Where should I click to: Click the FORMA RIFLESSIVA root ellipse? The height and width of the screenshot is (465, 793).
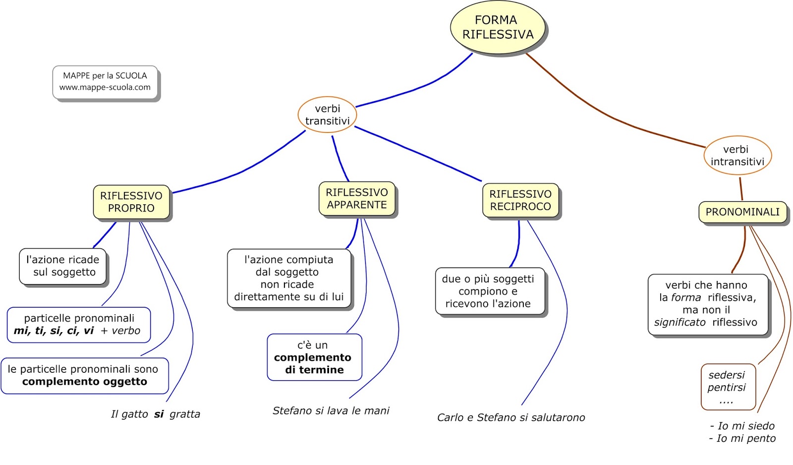coord(497,27)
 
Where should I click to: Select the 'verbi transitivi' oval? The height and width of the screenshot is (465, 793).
coord(327,115)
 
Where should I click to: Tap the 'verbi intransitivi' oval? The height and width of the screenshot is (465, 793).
coord(737,155)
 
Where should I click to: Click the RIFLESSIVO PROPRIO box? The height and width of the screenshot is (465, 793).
coord(131,202)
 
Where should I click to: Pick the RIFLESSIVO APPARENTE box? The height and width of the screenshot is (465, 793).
coord(357,198)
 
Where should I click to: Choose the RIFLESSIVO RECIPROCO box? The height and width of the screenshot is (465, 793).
coord(520,200)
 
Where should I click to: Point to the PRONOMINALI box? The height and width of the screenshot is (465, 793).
coord(742,212)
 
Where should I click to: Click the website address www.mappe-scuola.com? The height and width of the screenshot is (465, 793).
coord(105,87)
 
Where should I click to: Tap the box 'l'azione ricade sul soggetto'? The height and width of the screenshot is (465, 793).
coord(63,266)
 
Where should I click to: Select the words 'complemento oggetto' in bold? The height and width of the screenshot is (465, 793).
coord(85,382)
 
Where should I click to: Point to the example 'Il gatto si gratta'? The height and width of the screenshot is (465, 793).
coord(156,414)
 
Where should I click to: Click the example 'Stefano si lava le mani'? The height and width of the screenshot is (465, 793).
coord(331,410)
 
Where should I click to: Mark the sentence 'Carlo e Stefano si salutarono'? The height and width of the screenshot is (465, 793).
coord(510,417)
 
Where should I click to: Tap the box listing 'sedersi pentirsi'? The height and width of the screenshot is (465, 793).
coord(727,387)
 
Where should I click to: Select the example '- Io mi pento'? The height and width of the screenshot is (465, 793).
coord(742,438)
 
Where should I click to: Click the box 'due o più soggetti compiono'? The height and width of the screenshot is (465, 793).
coord(489,291)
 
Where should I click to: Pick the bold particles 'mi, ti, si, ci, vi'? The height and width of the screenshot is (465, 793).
coord(54,331)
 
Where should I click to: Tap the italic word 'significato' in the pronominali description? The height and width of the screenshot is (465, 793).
coord(680,322)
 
